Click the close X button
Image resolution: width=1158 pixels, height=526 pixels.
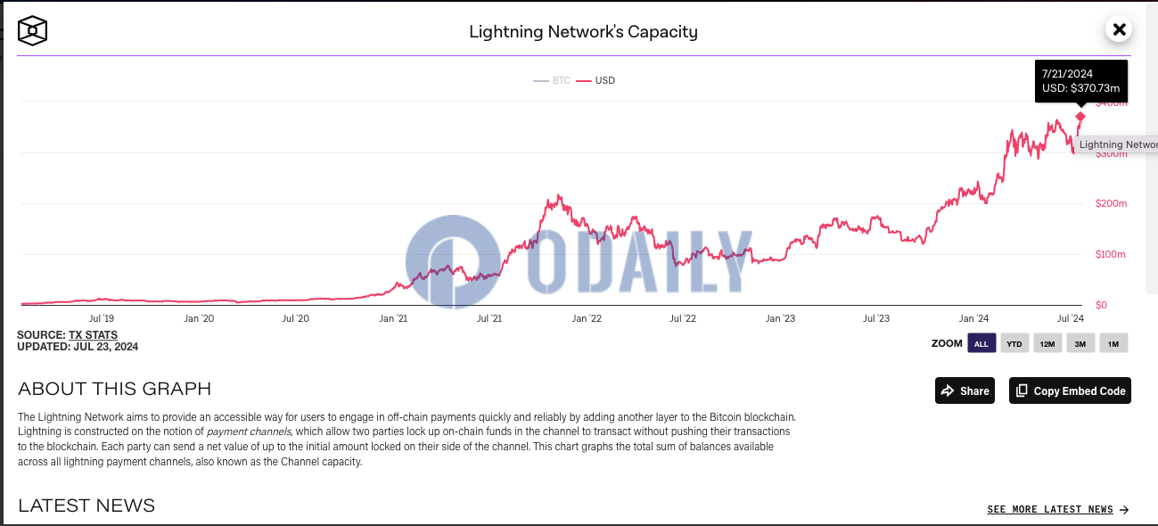(x=1119, y=29)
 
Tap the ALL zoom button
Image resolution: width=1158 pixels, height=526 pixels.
(x=981, y=343)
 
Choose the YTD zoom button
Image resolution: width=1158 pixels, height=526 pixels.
(x=1014, y=343)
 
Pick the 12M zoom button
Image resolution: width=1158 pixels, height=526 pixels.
(x=1047, y=343)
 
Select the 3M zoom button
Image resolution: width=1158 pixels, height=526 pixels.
(x=1080, y=343)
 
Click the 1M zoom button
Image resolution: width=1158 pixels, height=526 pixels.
(x=1113, y=343)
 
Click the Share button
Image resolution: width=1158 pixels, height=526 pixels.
(x=965, y=390)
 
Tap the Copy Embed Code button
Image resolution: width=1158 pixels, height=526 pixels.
(x=1070, y=390)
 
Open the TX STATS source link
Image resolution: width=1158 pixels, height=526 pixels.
(x=93, y=335)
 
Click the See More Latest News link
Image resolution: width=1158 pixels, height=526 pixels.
(x=1057, y=510)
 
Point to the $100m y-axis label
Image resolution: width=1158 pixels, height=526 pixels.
(x=1110, y=255)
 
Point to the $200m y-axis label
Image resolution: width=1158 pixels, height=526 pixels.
(x=1111, y=204)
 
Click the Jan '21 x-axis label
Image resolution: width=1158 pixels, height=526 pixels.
(x=393, y=318)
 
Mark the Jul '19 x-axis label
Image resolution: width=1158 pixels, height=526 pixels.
(x=102, y=318)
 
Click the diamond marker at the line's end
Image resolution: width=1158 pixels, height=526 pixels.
(x=1080, y=117)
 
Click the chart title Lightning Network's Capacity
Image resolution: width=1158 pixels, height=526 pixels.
(x=583, y=32)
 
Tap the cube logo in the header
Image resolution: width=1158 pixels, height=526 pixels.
(x=33, y=30)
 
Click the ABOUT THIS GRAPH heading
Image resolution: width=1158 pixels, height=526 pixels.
(x=114, y=389)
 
